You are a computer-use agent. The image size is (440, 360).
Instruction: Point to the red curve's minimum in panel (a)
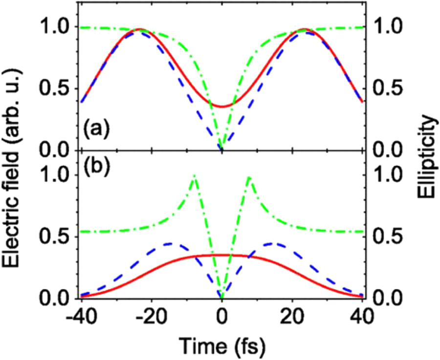point(222,106)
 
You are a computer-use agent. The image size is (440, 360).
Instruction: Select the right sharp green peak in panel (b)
point(249,177)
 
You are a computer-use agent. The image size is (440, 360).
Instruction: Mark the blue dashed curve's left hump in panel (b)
point(170,243)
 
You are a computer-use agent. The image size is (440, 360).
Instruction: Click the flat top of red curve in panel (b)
point(222,255)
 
